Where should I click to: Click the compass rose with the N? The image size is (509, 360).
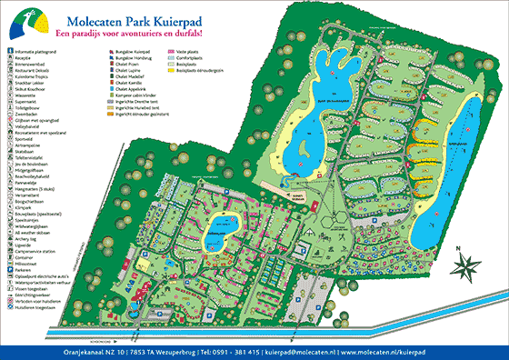pos(470,264)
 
